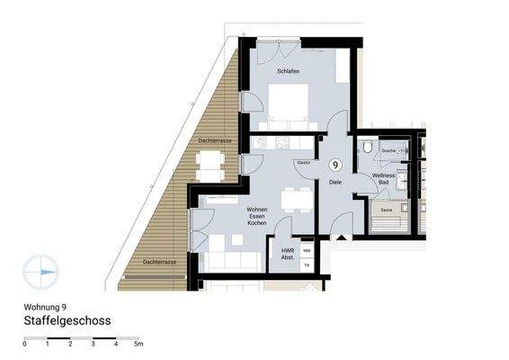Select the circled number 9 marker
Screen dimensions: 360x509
pyautogui.click(x=335, y=165)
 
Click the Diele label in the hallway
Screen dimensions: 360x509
pyautogui.click(x=335, y=182)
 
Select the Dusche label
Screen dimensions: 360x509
pyautogui.click(x=388, y=150)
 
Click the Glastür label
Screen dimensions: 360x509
pyautogui.click(x=304, y=163)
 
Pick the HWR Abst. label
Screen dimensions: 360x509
pyautogui.click(x=288, y=253)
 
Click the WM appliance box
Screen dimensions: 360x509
pyautogui.click(x=307, y=250)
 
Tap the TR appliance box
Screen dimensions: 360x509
pyautogui.click(x=307, y=265)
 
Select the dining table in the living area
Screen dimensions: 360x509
pyautogui.click(x=291, y=199)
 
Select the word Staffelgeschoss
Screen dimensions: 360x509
pyautogui.click(x=67, y=319)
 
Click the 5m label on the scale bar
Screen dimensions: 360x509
pyautogui.click(x=138, y=344)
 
